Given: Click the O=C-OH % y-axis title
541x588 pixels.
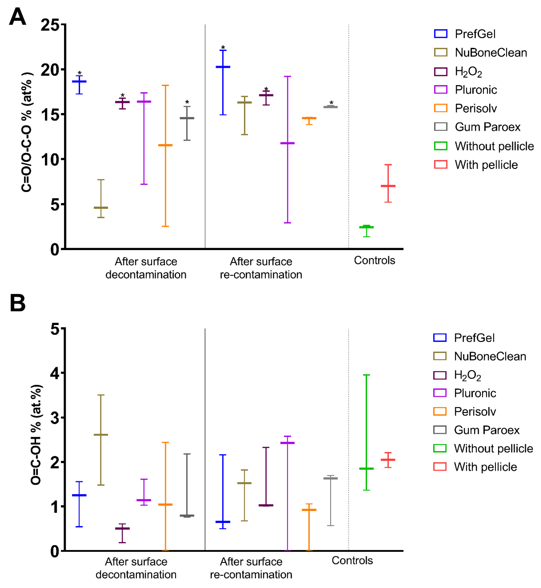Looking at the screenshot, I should point(36,435).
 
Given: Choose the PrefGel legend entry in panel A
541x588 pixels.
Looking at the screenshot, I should point(475,34).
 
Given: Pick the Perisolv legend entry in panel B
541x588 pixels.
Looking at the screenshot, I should point(475,411).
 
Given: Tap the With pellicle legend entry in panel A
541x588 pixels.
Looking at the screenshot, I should point(486,165).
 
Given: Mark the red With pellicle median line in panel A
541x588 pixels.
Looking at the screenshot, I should point(388,186).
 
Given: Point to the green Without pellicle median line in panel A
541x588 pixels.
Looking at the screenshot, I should point(366,227).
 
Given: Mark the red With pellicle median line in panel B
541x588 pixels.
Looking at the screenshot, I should point(388,460).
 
